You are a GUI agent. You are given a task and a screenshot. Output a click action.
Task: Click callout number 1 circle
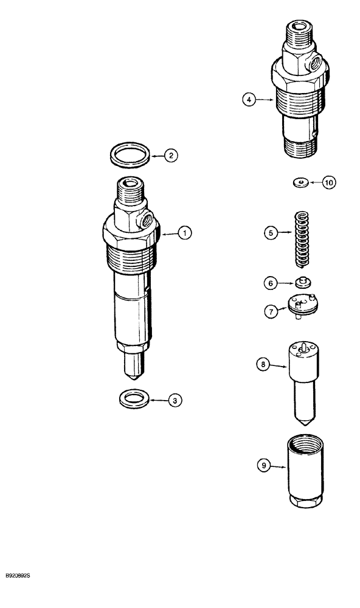click(x=184, y=232)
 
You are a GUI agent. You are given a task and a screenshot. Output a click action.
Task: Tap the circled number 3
click(x=174, y=400)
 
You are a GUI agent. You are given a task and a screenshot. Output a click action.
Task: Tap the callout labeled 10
click(x=328, y=182)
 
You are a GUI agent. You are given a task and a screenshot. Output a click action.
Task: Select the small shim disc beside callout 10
click(x=299, y=181)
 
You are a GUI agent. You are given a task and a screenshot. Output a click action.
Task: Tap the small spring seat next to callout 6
click(x=301, y=282)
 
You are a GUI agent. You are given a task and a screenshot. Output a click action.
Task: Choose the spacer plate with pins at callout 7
click(x=302, y=305)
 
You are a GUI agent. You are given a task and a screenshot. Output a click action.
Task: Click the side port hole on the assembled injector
click(x=145, y=221)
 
